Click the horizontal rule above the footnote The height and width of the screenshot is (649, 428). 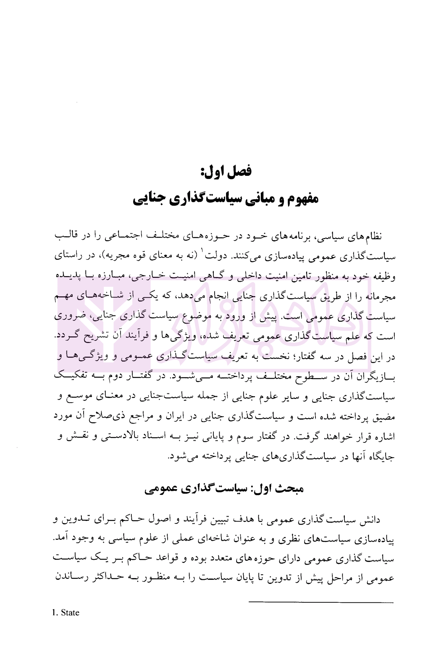321,602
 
